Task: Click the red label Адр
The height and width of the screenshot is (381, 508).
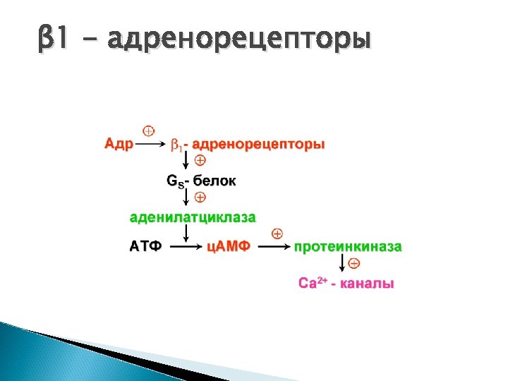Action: click(119, 145)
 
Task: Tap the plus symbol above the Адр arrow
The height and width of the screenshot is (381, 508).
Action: click(149, 131)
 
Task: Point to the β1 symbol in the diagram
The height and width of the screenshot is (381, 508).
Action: click(176, 145)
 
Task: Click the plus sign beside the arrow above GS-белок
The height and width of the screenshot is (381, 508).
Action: click(200, 162)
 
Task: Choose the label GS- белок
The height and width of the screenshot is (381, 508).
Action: click(201, 181)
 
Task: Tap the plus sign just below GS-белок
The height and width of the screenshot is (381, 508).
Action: click(200, 196)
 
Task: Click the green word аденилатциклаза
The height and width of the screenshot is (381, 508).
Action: click(192, 215)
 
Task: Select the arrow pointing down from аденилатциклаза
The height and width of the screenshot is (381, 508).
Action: click(186, 232)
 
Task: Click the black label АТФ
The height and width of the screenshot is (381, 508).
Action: click(146, 247)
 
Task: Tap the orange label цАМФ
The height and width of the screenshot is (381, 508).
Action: click(229, 247)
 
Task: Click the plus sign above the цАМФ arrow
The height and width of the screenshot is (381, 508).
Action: click(277, 233)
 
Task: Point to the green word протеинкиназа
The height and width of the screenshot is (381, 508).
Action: click(348, 247)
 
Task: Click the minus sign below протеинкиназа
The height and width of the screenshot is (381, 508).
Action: click(354, 264)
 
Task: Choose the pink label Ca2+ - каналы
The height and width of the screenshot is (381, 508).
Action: click(346, 284)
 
